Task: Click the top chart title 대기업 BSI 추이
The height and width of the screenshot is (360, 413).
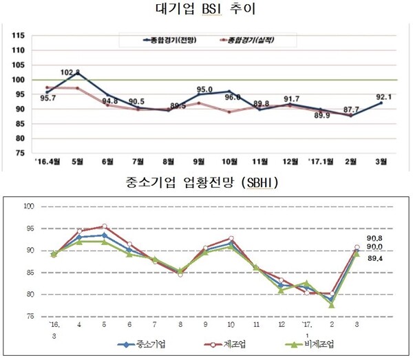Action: point(206,10)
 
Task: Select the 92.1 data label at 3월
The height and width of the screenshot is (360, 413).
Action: point(384,96)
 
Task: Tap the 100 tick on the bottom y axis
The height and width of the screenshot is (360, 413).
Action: point(28,207)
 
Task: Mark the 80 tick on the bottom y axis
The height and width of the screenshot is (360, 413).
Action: point(30,295)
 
